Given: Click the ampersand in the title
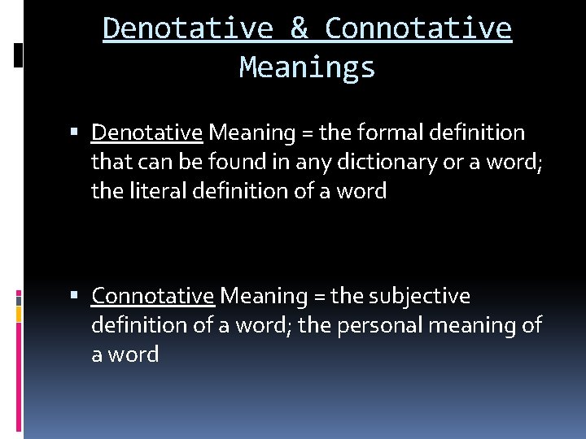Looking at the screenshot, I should coord(300,28).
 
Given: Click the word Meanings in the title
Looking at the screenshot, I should coord(307,67).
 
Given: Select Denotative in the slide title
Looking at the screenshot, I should coord(188,28).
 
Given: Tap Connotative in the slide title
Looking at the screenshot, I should coord(418,28).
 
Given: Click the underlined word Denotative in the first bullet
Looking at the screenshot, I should coord(146,132).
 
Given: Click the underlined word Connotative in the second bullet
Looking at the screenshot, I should coord(152,296).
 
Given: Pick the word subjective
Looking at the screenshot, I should coord(419,296).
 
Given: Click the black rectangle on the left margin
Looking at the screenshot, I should coord(19,55).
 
